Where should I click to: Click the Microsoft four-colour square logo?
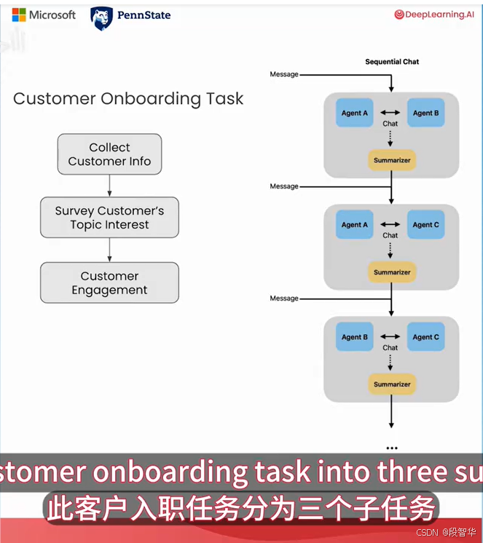click(x=19, y=15)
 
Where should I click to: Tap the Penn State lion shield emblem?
click(x=101, y=18)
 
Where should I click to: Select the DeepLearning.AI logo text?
click(x=434, y=15)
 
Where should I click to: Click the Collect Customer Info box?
click(x=109, y=154)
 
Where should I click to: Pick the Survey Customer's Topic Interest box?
click(x=109, y=218)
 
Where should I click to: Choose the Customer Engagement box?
click(x=109, y=282)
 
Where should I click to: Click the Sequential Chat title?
click(x=392, y=62)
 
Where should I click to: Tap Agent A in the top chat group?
click(x=355, y=113)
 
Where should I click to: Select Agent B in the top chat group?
click(x=426, y=113)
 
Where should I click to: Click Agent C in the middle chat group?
click(x=426, y=225)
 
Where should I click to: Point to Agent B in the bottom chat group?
click(x=355, y=337)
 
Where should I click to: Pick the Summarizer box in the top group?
click(x=392, y=160)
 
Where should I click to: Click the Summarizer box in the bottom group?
click(x=392, y=384)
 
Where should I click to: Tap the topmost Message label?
click(x=284, y=74)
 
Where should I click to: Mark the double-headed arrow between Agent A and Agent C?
click(x=390, y=224)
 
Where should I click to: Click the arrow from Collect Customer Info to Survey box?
click(x=109, y=186)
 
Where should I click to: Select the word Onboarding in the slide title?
click(x=151, y=99)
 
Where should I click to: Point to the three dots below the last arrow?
click(x=392, y=448)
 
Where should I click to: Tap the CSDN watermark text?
click(x=428, y=532)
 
